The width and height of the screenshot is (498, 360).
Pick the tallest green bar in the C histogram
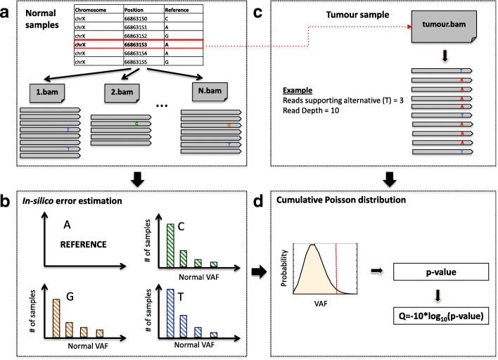pyautogui.click(x=170, y=244)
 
